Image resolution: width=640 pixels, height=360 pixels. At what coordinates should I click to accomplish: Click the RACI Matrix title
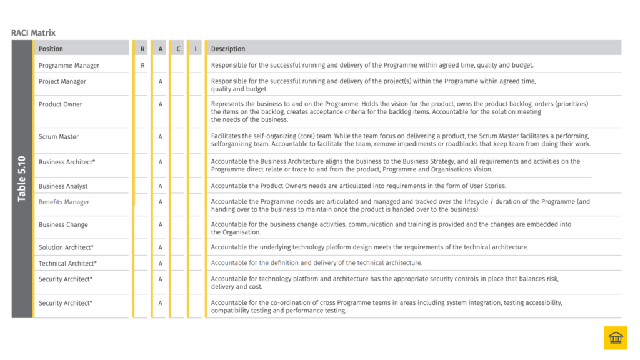point(33,32)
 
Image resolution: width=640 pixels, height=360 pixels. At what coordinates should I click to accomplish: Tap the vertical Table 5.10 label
point(22,179)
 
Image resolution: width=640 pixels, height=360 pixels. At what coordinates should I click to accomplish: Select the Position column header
point(51,49)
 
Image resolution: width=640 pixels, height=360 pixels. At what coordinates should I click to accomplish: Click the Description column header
point(227,49)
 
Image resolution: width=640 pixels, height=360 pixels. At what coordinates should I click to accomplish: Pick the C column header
point(178,49)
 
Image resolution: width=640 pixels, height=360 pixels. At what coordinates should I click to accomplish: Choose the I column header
point(196,49)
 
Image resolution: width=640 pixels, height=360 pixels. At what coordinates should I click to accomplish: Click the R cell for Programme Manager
point(142,65)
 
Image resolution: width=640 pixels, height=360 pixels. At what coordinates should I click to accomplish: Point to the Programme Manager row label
point(69,65)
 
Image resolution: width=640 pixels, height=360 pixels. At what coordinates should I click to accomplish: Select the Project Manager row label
point(62,81)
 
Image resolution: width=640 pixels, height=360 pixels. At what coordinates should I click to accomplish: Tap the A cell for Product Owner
point(161,104)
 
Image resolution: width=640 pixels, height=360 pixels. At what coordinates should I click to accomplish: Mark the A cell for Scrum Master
point(161,136)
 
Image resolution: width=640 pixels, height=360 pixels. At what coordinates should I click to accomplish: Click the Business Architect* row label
point(67,162)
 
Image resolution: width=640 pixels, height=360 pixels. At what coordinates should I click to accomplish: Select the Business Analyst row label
point(63,186)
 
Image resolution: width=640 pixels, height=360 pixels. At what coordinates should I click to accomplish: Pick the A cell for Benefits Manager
point(161,202)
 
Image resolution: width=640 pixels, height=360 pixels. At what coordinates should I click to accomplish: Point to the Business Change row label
point(63,224)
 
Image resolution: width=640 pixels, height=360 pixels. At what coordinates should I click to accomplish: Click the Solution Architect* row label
point(66,247)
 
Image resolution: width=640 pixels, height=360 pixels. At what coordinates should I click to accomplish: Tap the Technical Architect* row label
point(67,263)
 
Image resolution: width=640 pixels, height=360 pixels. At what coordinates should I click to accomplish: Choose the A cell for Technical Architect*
point(161,263)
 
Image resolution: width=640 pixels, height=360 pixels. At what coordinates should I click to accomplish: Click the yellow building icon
point(615,338)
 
